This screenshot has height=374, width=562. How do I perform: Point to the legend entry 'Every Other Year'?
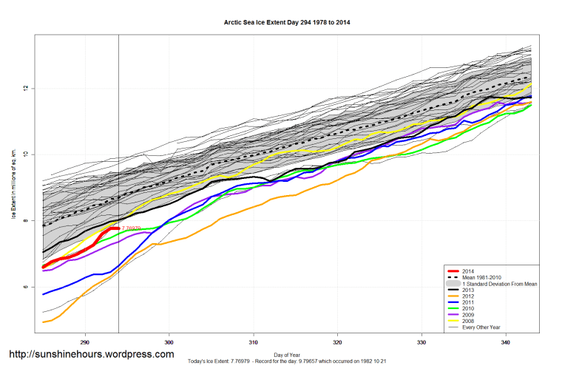[x=483, y=326]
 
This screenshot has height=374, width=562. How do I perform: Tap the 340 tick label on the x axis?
[x=505, y=342]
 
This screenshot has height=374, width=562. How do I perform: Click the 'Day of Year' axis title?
[x=287, y=354]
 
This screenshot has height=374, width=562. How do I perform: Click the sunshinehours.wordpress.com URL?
[x=91, y=354]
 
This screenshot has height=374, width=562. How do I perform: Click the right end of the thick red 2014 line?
[x=118, y=228]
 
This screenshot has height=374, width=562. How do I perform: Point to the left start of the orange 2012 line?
[x=43, y=322]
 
